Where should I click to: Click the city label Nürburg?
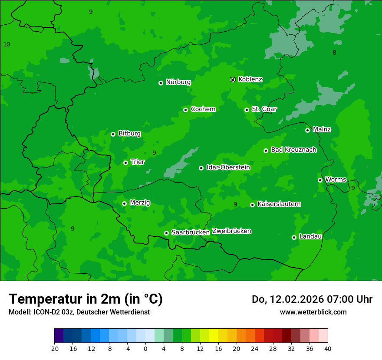coord(178,82)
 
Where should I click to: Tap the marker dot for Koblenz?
coord(233,79)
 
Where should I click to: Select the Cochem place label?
coord(203,109)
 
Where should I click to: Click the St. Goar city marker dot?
coord(247,110)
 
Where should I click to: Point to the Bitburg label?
coord(129,134)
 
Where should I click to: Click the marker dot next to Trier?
coord(125,163)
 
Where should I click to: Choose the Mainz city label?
coord(322,129)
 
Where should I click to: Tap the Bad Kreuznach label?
coord(293,150)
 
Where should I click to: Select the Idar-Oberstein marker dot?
coord(201,168)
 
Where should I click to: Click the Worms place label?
coord(336,180)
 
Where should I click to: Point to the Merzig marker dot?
coord(124,203)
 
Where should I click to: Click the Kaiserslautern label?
coord(279,204)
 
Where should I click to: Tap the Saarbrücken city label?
coord(191,232)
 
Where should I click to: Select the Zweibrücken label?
coord(231,231)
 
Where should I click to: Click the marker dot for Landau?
coord(294,237)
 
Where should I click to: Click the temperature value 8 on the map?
coord(334,53)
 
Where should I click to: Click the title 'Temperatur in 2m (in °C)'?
coord(86,299)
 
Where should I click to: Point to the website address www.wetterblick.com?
coord(313,312)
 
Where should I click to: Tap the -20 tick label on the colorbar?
coord(54,348)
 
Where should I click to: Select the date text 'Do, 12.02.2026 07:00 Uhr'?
coord(312,299)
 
